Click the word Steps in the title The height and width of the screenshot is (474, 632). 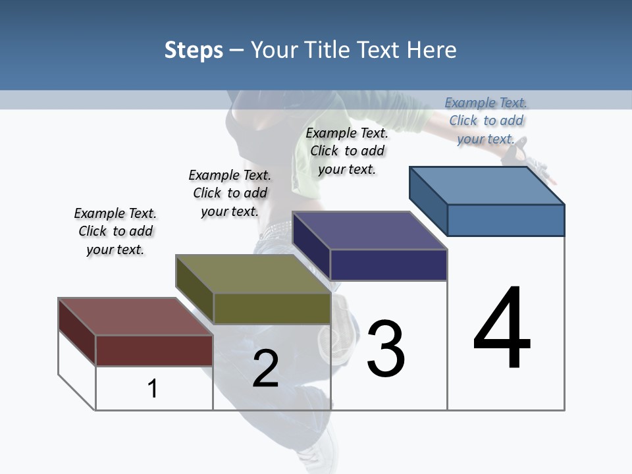pyautogui.click(x=193, y=50)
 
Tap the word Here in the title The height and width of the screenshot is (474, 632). pyautogui.click(x=431, y=50)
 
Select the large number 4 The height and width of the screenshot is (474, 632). pyautogui.click(x=502, y=329)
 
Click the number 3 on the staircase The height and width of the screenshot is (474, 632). pyautogui.click(x=386, y=349)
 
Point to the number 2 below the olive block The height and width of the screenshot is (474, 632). pyautogui.click(x=265, y=369)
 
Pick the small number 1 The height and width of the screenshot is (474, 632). pyautogui.click(x=152, y=389)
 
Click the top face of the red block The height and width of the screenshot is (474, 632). pyautogui.click(x=135, y=317)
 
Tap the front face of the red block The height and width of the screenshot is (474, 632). pyautogui.click(x=154, y=350)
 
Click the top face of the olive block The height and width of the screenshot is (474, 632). pyautogui.click(x=253, y=274)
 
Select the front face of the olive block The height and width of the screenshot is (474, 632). pyautogui.click(x=272, y=308)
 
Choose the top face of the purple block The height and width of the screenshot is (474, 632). pyautogui.click(x=370, y=230)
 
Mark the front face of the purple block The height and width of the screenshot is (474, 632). pyautogui.click(x=388, y=265)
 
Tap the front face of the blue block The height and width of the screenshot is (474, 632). pyautogui.click(x=506, y=220)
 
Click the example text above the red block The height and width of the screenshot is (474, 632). pyautogui.click(x=115, y=231)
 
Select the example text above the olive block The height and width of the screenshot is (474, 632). pyautogui.click(x=230, y=193)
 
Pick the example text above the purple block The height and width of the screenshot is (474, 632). pyautogui.click(x=347, y=151)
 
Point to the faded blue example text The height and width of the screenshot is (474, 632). pyautogui.click(x=486, y=120)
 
